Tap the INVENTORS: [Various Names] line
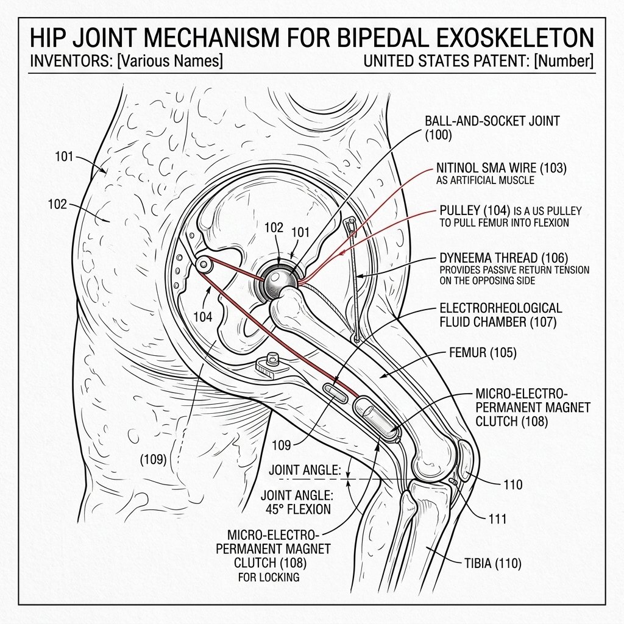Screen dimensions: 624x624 coord(126,61)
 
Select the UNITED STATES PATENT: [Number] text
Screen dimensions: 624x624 coord(478,61)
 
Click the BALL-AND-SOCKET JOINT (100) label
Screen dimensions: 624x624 coord(492,128)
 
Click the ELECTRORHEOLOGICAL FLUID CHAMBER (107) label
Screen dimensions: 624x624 coord(501,314)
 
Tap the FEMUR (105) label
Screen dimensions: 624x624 coord(483,353)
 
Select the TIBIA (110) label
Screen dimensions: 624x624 coord(492,563)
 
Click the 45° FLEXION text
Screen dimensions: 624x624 coord(298,509)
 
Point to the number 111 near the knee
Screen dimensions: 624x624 coord(497,519)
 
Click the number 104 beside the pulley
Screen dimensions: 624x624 coord(203,317)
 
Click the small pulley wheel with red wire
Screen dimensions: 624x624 coord(204,264)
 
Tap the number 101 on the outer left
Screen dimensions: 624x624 coord(64,157)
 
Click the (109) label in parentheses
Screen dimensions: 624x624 coord(153,459)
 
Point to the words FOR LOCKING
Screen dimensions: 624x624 coord(269,577)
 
